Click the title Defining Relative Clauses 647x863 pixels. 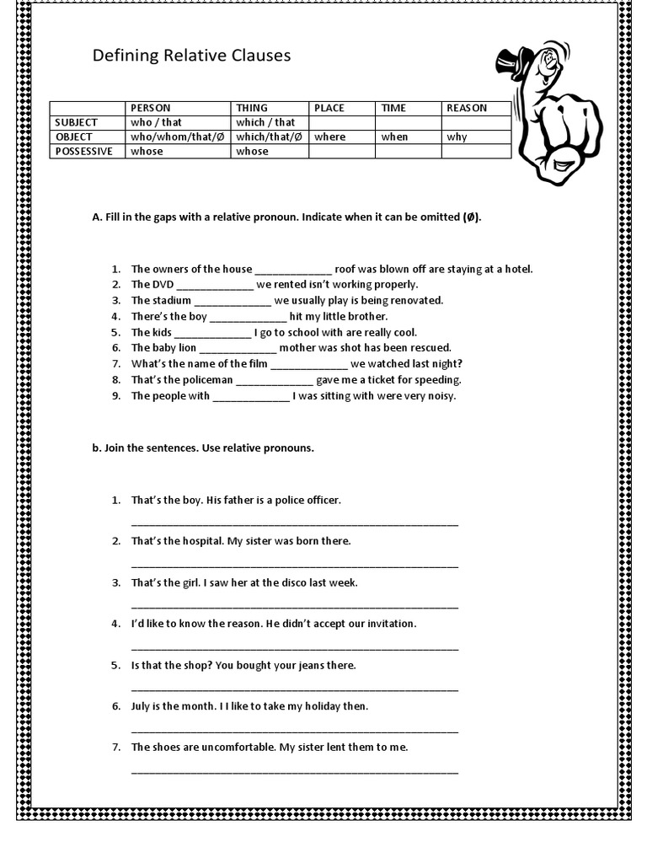point(191,56)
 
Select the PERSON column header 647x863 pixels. point(151,108)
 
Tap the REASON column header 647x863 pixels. point(467,108)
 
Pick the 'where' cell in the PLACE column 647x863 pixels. point(330,137)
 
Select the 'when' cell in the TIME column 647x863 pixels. point(394,137)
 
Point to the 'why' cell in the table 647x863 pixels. point(457,137)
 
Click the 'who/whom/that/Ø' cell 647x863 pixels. point(166,137)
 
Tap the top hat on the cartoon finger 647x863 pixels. point(511,62)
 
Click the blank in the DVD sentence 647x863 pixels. point(215,286)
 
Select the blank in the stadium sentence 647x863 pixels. point(233,301)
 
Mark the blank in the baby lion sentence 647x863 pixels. point(238,348)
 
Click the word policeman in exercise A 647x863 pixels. point(206,379)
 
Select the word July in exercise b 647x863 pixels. point(142,706)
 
